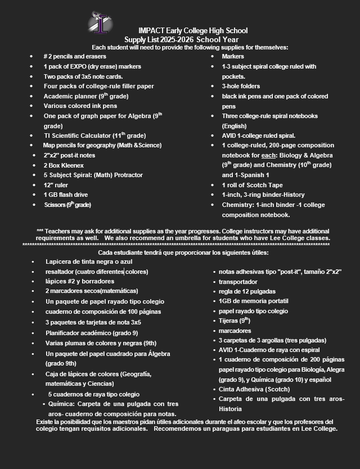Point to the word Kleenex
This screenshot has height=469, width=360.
73,165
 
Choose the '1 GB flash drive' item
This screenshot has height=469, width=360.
66,195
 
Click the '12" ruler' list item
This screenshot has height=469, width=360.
56,185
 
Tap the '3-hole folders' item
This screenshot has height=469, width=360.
241,86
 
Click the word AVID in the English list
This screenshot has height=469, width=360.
230,136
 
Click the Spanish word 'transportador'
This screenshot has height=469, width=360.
238,282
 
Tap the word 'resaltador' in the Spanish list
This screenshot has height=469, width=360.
61,272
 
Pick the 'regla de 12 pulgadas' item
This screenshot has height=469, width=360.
247,291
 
